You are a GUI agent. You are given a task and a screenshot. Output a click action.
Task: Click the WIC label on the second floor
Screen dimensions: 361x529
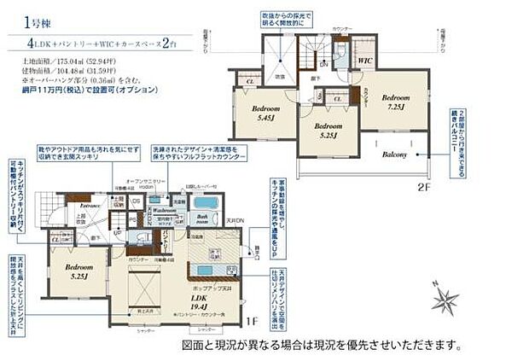click(x=364, y=61)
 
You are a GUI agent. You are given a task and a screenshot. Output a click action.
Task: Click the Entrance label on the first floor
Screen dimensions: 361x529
click(x=90, y=206)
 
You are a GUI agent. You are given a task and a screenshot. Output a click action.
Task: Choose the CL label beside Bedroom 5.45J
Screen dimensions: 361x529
click(x=250, y=81)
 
